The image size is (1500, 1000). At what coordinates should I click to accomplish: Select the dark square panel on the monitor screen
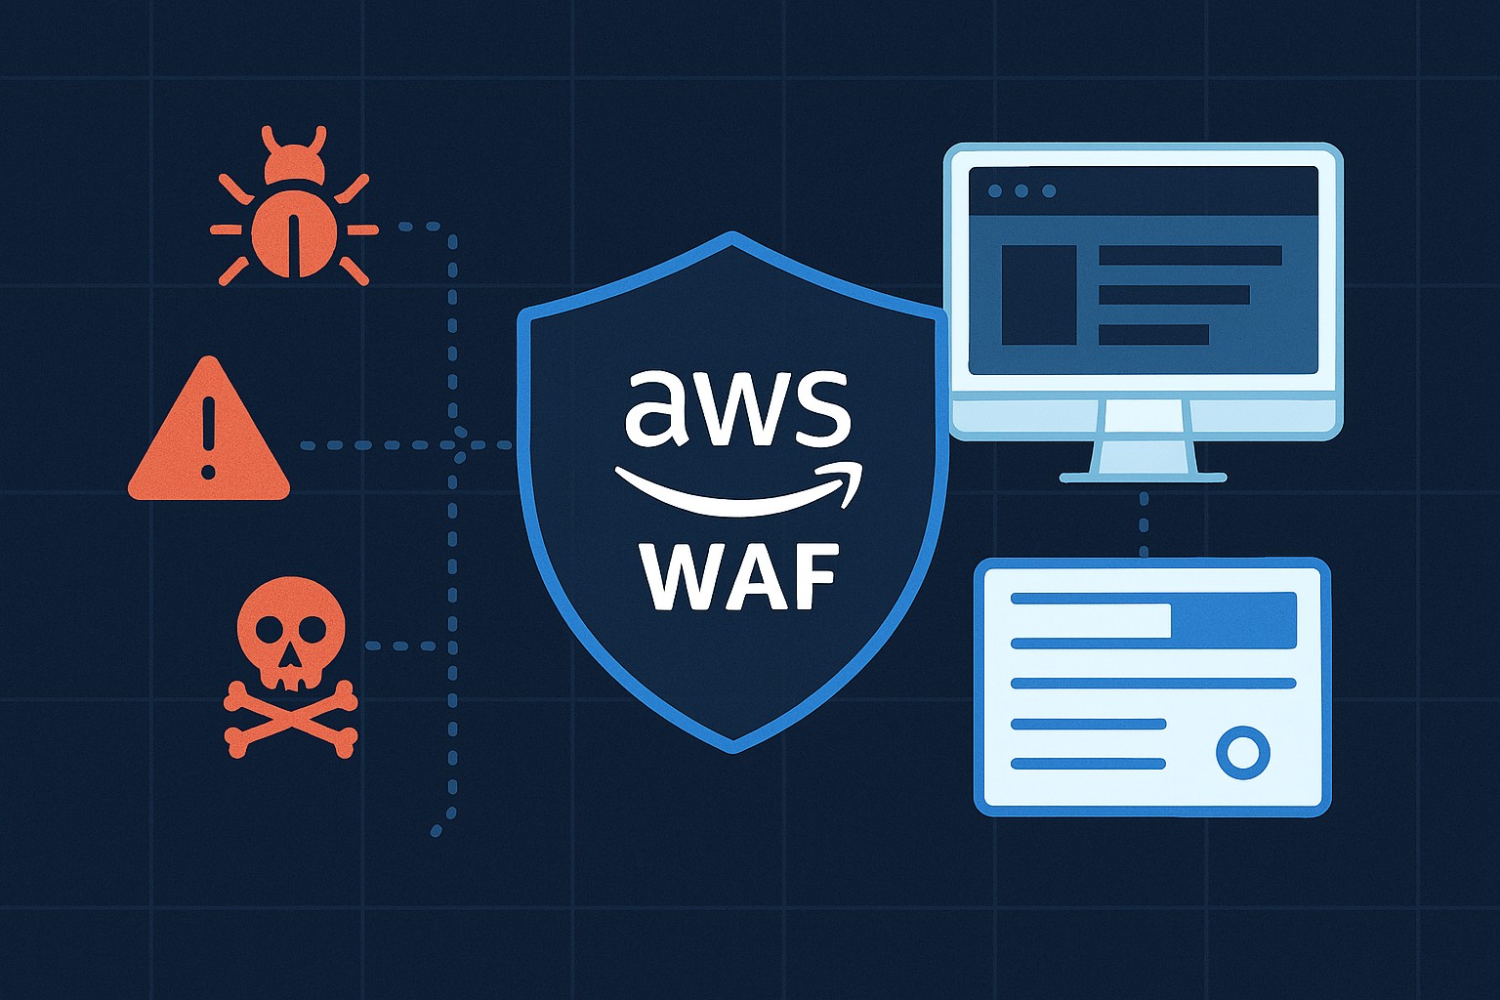pyautogui.click(x=1038, y=295)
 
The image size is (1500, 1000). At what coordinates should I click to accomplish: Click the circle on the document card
pyautogui.click(x=1242, y=752)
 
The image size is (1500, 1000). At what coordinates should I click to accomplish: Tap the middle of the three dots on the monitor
pyautogui.click(x=1021, y=191)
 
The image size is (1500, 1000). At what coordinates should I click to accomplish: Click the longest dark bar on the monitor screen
pyautogui.click(x=1189, y=256)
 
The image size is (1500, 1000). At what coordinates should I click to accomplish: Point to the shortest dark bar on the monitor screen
pyautogui.click(x=1153, y=334)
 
